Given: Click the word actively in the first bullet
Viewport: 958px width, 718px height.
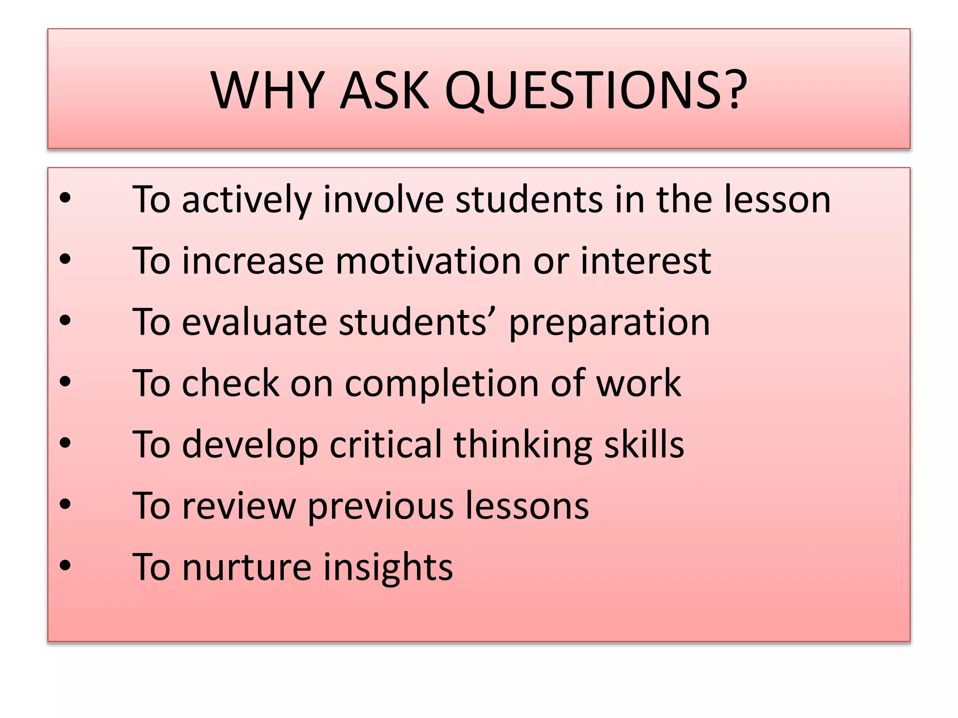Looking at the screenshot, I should tap(247, 200).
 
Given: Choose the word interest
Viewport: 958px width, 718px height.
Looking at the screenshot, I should tap(646, 260).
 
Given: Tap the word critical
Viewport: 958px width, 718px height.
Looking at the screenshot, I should tap(385, 444).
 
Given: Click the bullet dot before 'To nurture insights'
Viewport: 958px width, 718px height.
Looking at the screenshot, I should tap(65, 566).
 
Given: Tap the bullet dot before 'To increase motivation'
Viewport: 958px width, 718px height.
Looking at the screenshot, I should tap(65, 259).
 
